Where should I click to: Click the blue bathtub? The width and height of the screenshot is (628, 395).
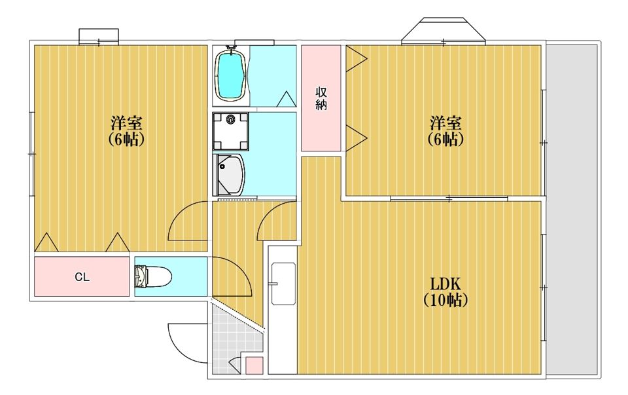point(231,75)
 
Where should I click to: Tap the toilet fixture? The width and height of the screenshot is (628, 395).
point(153,276)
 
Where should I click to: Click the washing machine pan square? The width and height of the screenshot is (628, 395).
point(231,131)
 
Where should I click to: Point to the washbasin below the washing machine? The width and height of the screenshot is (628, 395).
point(230,174)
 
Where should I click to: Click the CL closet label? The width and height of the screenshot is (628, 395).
point(82,277)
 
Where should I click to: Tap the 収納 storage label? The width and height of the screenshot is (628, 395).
point(321,98)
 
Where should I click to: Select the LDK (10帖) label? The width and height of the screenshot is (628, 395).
point(445,292)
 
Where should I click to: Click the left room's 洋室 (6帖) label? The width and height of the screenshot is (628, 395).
point(126,131)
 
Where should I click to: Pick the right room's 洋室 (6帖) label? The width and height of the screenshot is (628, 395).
point(445,131)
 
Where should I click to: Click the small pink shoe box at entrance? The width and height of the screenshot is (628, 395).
point(254,365)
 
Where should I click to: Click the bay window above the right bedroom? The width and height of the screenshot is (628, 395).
point(444,29)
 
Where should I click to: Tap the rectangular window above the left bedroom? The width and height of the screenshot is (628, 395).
point(99,36)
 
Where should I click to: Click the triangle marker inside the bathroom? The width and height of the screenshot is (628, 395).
point(287,99)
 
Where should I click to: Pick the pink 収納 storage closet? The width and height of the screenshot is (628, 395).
point(321,98)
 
